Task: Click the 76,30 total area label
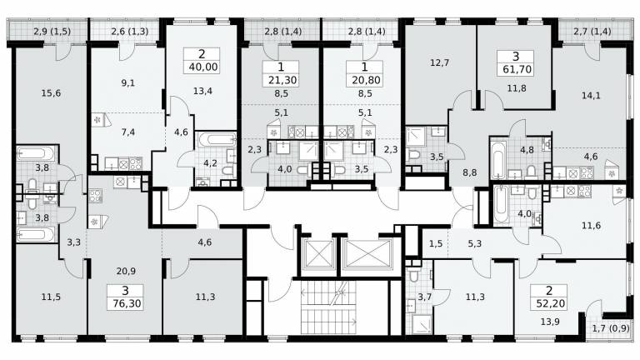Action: [x=126, y=303]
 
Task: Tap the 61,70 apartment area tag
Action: [x=517, y=69]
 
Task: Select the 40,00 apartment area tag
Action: [x=202, y=67]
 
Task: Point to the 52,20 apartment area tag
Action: [x=549, y=303]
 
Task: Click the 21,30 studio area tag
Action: [x=281, y=80]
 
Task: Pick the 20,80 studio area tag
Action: [x=364, y=80]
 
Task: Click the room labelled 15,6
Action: [x=51, y=93]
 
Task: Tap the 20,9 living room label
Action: [x=126, y=271]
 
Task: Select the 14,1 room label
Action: [x=591, y=96]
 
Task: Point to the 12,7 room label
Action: [x=439, y=62]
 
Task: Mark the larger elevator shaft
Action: [x=367, y=253]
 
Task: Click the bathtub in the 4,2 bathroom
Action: [x=217, y=140]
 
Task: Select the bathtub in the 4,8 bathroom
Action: [x=498, y=160]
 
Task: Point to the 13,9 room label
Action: [x=550, y=322]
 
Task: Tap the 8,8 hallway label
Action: [x=470, y=172]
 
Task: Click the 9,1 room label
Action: [x=127, y=82]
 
